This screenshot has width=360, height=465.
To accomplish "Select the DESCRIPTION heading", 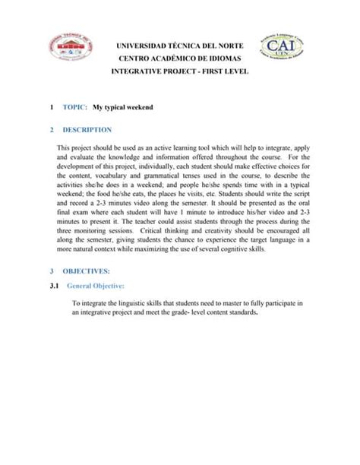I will coord(87,130).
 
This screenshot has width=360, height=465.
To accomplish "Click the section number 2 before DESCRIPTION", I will coord(51,130).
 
